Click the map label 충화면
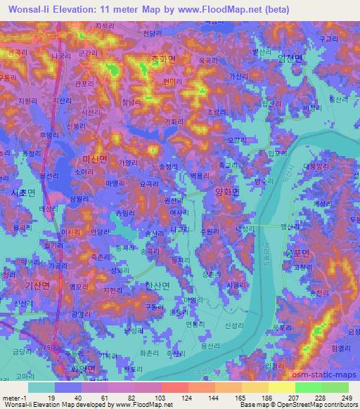[162, 60]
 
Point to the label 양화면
[227, 190]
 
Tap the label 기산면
[36, 287]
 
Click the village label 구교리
[328, 40]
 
